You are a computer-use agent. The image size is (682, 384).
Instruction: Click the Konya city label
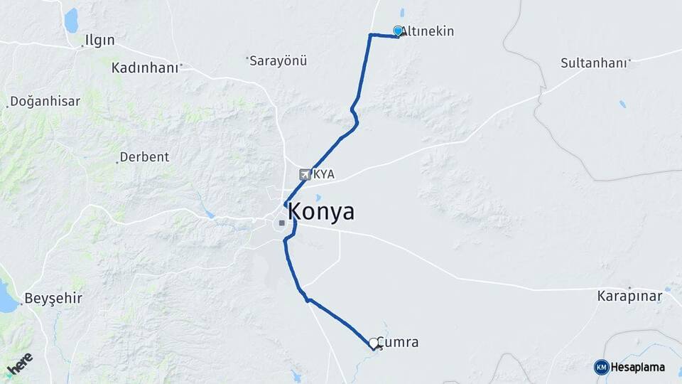click(x=320, y=212)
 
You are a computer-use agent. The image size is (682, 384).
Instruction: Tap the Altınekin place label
click(x=428, y=31)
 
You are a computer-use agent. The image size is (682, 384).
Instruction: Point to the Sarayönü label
click(x=278, y=60)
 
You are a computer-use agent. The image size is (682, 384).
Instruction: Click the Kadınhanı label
click(x=144, y=68)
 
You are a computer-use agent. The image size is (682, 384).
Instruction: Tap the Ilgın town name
click(x=99, y=40)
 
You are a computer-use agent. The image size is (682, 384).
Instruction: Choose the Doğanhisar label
click(x=45, y=101)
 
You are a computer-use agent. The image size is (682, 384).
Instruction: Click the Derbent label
click(x=144, y=157)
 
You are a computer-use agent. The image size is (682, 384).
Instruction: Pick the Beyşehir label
click(x=53, y=298)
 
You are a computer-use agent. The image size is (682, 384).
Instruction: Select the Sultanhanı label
click(x=594, y=63)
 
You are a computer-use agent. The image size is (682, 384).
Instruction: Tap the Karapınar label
click(x=629, y=295)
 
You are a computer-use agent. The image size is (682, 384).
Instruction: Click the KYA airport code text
click(x=324, y=174)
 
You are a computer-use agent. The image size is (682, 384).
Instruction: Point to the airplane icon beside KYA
click(x=305, y=174)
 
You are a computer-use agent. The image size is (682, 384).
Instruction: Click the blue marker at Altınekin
click(x=398, y=31)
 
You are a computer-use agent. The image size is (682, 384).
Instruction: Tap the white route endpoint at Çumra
click(x=373, y=343)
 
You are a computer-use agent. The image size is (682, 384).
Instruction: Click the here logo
click(x=19, y=363)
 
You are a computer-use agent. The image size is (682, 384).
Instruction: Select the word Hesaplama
click(x=638, y=367)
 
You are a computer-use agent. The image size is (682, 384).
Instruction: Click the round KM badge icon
click(x=601, y=367)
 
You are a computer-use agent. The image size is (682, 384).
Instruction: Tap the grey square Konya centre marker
click(x=282, y=223)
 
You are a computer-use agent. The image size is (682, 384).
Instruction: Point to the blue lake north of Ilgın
click(x=71, y=21)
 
